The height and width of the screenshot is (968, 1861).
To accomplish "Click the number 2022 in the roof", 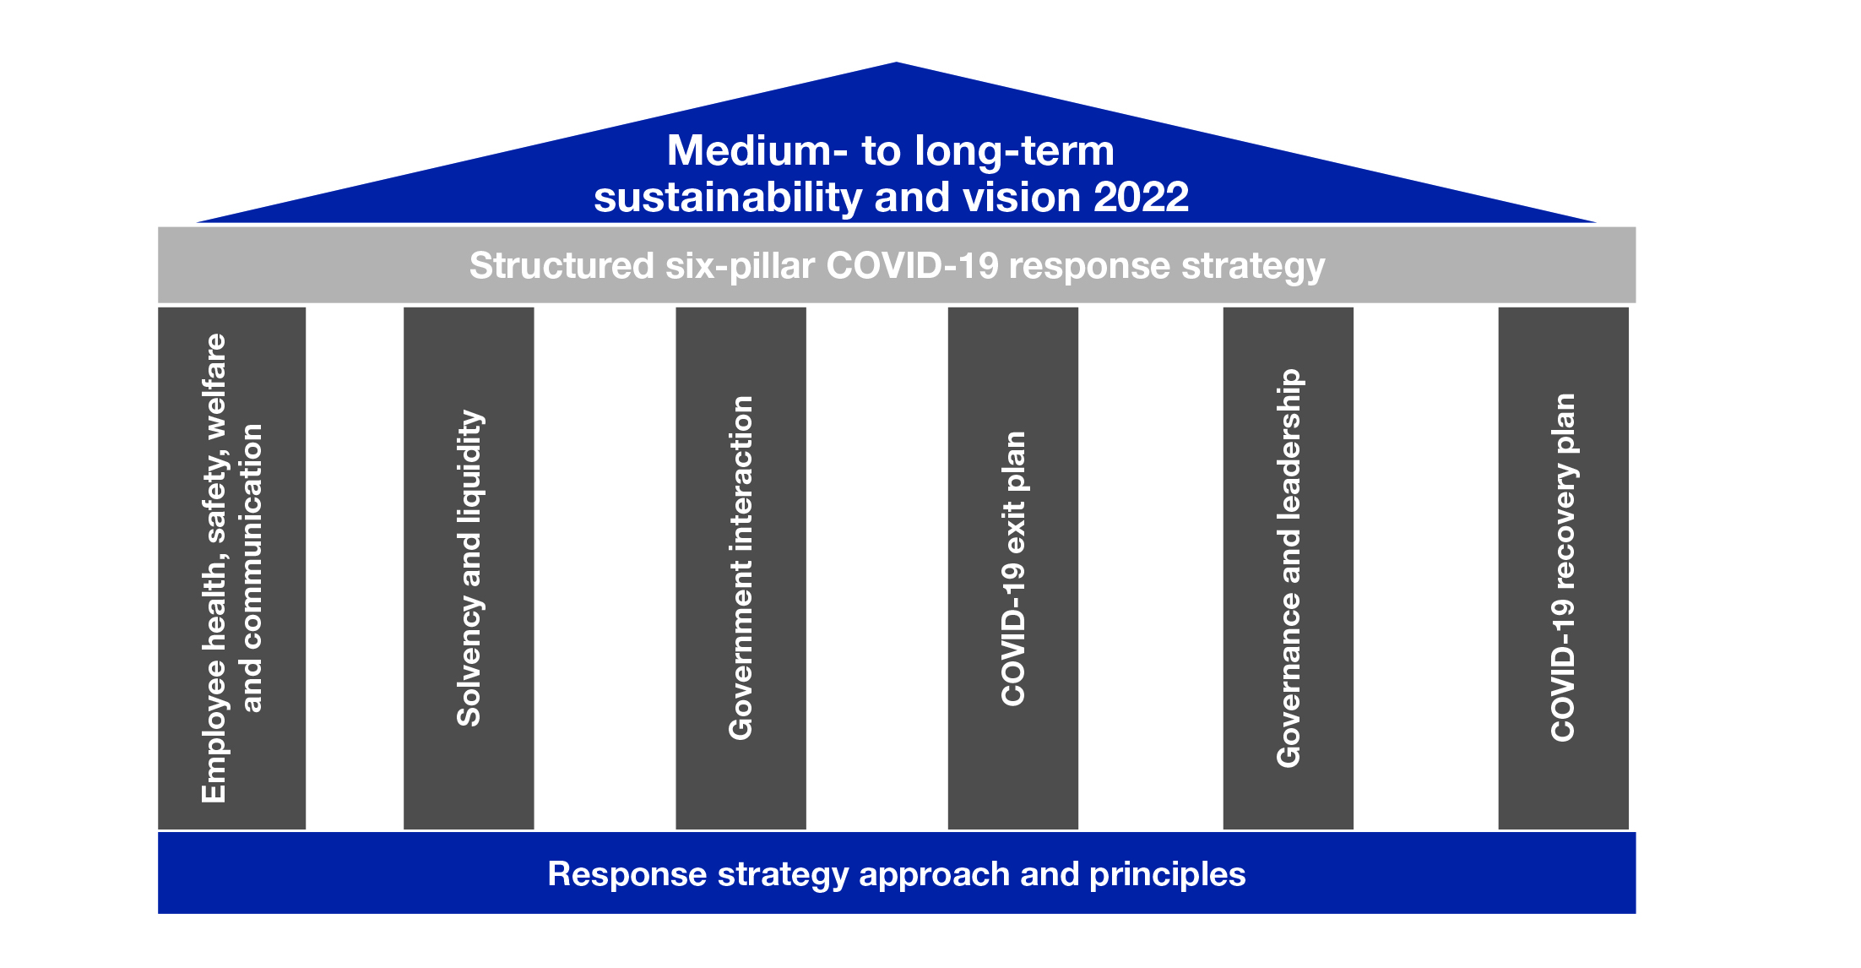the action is coord(1141,198).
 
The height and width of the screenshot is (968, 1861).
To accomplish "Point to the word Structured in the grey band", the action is coord(562,265).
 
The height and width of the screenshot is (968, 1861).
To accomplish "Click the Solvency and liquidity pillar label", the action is coord(469,568).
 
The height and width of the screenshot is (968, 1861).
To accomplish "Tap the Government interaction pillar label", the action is coord(741,568).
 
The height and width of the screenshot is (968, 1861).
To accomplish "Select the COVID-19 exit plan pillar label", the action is coord(1013,568).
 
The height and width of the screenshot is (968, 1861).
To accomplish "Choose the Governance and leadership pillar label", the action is coord(1289,568).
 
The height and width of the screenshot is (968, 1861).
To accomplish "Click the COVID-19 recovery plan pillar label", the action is coord(1563,568).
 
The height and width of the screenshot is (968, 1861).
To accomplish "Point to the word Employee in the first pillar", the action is coord(214,732).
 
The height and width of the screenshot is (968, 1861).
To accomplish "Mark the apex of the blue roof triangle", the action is coord(896,63).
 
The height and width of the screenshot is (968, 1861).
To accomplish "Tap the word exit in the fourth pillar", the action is coord(1013,524).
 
